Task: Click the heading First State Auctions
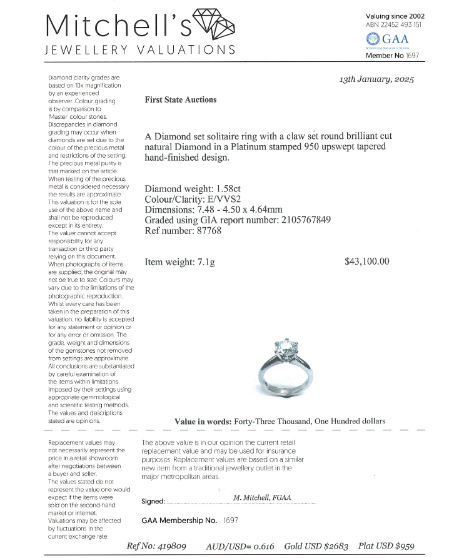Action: [x=180, y=99]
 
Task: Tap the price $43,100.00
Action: [x=366, y=261]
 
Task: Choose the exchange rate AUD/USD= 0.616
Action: [x=240, y=545]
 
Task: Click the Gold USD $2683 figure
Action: [x=317, y=545]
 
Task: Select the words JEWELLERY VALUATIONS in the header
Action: [x=140, y=50]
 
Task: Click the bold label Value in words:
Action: [x=203, y=422]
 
